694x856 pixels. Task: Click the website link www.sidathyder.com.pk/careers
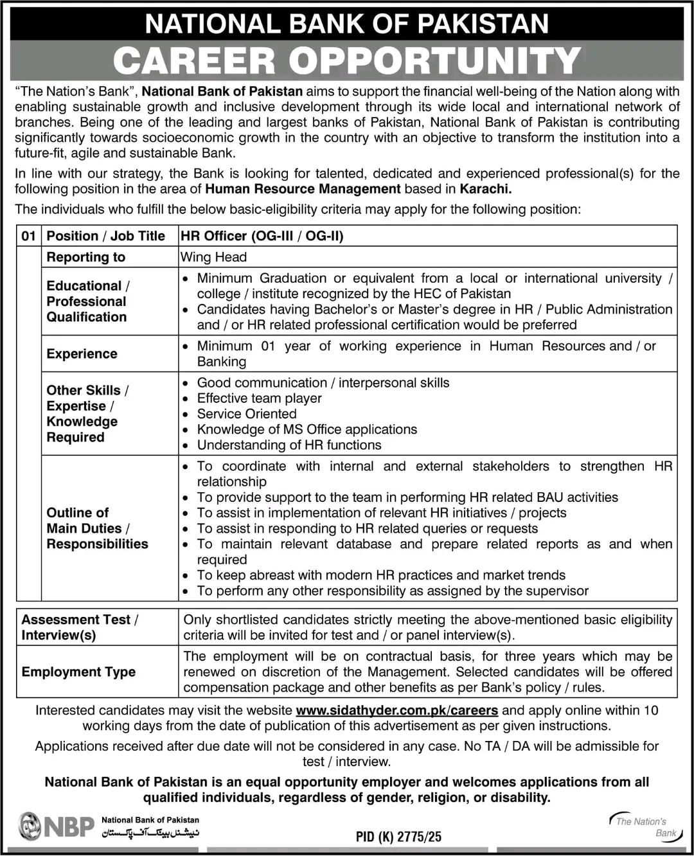(396, 710)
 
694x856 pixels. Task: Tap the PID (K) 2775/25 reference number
(398, 837)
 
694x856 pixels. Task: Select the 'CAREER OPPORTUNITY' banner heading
(347, 61)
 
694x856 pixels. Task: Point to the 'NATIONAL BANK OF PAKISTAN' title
(347, 24)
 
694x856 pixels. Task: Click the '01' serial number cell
(29, 236)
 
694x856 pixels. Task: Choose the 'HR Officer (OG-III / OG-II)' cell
(262, 236)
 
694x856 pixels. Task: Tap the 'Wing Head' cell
(213, 257)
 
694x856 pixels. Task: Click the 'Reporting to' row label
(86, 257)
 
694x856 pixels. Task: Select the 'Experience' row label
(82, 353)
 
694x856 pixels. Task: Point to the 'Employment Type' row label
(78, 672)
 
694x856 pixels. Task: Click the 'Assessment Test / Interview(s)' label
(79, 627)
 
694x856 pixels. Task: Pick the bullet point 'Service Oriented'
(247, 414)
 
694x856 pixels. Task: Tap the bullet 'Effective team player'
(259, 398)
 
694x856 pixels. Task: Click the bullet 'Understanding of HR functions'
(289, 445)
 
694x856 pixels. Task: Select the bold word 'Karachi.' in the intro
(486, 189)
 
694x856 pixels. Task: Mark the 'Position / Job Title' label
(105, 236)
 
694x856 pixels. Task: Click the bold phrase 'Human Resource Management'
(303, 189)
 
